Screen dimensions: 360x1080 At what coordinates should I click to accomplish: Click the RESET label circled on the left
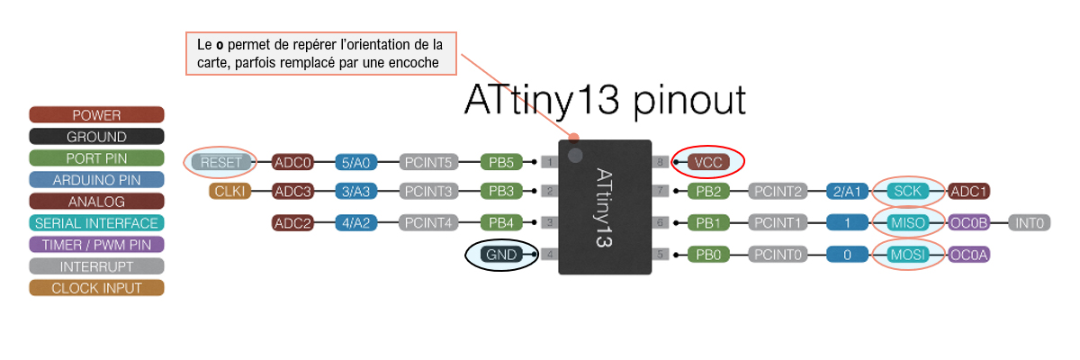tap(220, 163)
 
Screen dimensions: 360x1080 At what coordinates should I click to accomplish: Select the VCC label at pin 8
tap(707, 163)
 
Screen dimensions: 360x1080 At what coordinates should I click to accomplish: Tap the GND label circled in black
tap(501, 255)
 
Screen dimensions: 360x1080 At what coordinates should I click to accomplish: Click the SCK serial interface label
tap(907, 191)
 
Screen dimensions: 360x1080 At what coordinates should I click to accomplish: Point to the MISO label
tap(907, 222)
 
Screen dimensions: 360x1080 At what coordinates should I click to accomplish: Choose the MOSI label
tap(907, 255)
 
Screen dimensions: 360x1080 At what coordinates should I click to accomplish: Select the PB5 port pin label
tap(501, 163)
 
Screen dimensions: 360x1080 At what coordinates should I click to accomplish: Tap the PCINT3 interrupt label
tap(429, 191)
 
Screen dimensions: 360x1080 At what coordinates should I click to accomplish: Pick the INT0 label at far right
tap(1029, 222)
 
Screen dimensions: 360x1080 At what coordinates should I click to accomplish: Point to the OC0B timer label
tap(970, 222)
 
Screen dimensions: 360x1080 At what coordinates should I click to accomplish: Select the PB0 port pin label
tap(707, 255)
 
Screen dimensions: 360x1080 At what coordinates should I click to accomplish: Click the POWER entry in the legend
tap(96, 115)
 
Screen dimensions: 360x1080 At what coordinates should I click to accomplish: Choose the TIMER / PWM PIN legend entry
tap(96, 245)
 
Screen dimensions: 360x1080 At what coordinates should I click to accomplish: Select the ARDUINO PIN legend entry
tap(96, 180)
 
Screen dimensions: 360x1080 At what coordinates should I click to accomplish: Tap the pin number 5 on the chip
tap(661, 255)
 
